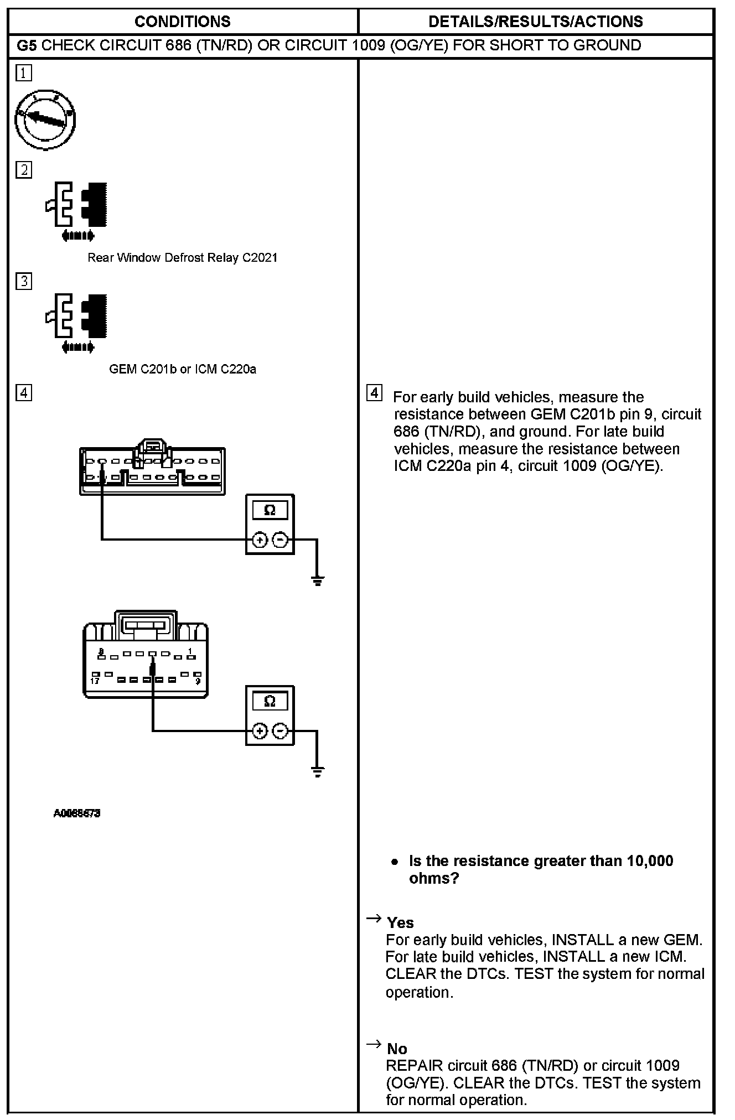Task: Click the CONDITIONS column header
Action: [x=182, y=22]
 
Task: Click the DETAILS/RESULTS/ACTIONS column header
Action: [x=535, y=22]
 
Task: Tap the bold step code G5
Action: [x=27, y=45]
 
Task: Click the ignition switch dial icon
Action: [x=45, y=120]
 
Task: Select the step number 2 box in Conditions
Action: [x=24, y=170]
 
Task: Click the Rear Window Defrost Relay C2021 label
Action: [x=182, y=257]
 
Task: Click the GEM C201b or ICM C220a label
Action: [x=182, y=369]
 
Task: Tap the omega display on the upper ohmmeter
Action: [x=270, y=510]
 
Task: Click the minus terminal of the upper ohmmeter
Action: [x=281, y=540]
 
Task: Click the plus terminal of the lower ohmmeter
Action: [x=259, y=732]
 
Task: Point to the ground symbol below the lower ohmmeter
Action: [x=317, y=771]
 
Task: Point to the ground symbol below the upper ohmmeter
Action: [x=317, y=580]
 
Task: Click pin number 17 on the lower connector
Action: [x=95, y=680]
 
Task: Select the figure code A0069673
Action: [x=77, y=813]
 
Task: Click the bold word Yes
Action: [x=400, y=922]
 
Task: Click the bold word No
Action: [x=397, y=1049]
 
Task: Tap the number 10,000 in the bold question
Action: [x=650, y=861]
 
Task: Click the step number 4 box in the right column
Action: [x=375, y=393]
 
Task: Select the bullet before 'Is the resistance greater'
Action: [x=394, y=862]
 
